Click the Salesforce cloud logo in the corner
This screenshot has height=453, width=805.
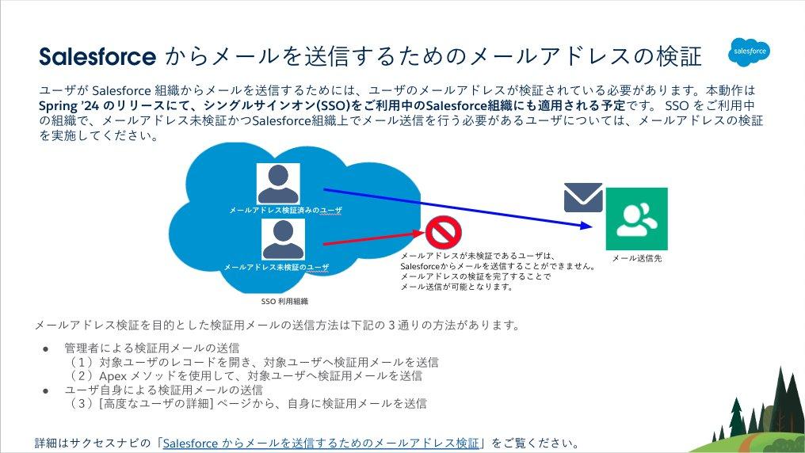pos(749,52)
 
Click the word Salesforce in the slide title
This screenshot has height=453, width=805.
pos(97,57)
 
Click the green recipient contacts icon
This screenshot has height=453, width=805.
pos(636,219)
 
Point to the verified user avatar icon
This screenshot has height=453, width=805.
pos(278,184)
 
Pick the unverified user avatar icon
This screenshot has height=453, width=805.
pos(283,238)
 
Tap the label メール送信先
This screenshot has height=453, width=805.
pos(637,258)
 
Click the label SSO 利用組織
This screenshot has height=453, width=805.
pos(284,301)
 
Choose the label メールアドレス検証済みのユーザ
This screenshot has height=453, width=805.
pos(285,210)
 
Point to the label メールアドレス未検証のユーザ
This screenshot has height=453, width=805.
pos(277,267)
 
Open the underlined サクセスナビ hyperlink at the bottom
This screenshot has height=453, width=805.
pos(322,443)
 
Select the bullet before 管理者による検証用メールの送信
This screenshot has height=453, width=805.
pos(46,348)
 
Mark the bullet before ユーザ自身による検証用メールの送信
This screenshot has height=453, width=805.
pos(46,390)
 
